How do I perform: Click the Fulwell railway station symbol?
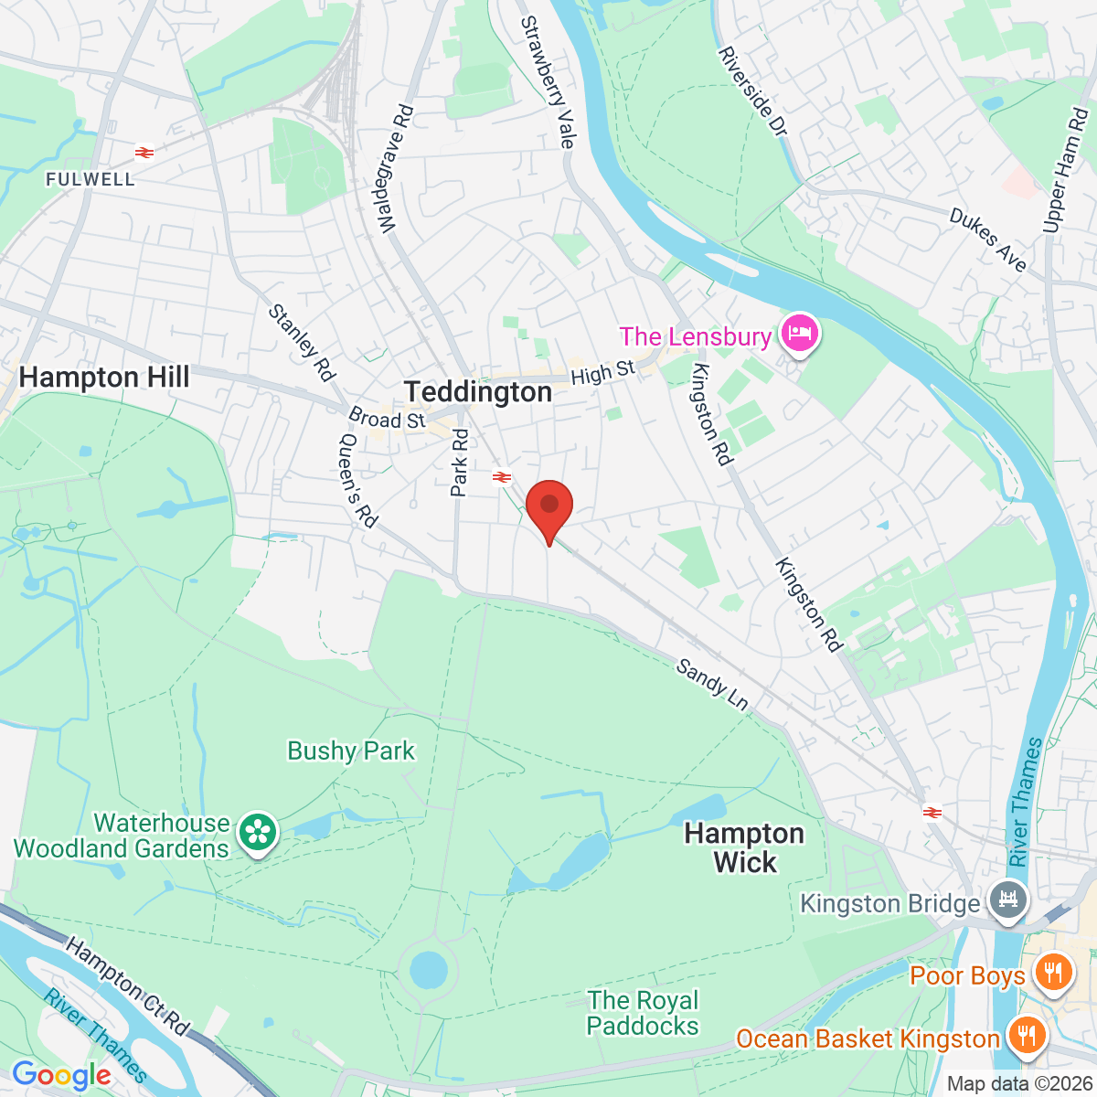tap(144, 152)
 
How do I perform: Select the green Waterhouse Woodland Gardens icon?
tap(258, 833)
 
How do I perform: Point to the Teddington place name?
tap(478, 392)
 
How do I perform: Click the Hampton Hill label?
tap(104, 378)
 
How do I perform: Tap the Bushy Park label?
tap(351, 751)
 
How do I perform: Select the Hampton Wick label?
tap(744, 847)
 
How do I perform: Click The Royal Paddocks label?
tap(643, 1013)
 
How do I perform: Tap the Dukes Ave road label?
tap(988, 240)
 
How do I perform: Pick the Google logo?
tap(61, 1075)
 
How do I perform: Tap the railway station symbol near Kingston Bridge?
tap(932, 811)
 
